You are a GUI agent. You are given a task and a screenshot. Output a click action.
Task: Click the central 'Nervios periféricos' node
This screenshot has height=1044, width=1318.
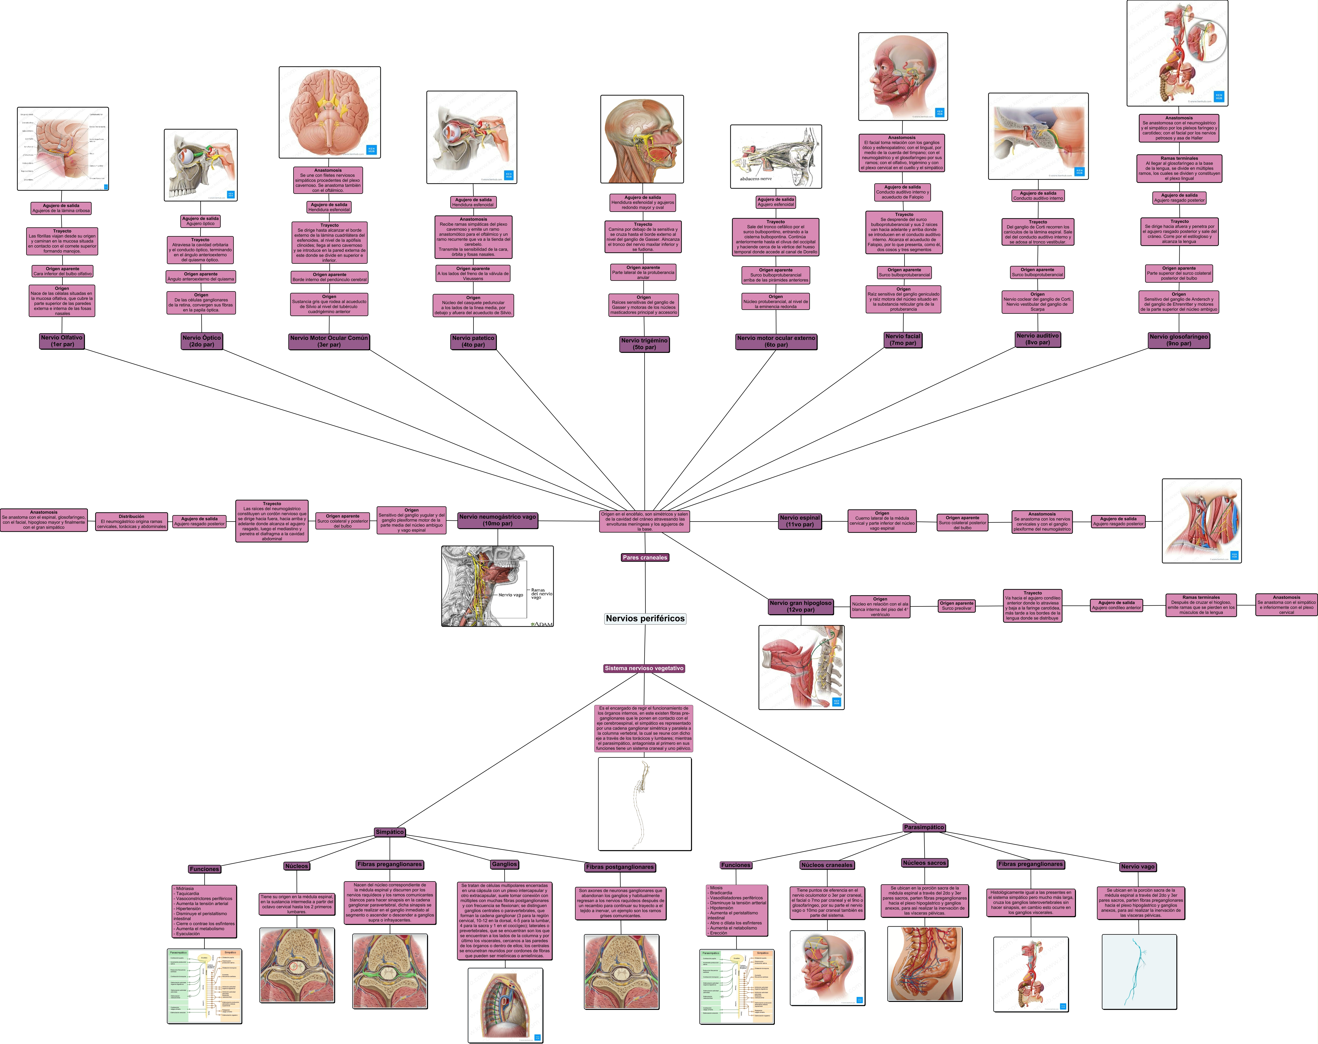click(x=645, y=619)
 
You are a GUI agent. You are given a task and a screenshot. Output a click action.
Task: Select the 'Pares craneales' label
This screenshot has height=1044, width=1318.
click(x=645, y=557)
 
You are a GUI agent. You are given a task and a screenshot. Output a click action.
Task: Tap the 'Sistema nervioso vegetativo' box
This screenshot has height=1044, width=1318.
click(x=644, y=668)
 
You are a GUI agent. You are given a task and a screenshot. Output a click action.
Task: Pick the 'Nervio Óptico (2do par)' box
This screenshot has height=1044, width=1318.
click(x=202, y=341)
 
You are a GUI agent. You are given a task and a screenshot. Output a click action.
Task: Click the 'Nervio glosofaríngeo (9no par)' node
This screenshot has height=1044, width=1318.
click(x=1179, y=340)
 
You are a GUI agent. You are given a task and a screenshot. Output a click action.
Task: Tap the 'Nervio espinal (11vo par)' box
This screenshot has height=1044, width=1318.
click(x=800, y=521)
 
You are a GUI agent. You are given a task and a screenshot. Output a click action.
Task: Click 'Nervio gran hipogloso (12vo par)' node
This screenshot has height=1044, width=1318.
click(x=800, y=606)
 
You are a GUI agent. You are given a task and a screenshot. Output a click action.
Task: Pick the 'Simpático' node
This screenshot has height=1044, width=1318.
click(x=390, y=832)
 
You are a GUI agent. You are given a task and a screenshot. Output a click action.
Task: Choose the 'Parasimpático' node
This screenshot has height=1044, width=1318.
click(x=924, y=827)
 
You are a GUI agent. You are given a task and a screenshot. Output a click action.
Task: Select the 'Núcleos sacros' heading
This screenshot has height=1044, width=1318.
click(x=924, y=863)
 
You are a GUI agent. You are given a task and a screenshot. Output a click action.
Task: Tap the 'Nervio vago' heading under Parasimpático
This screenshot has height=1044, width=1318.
click(x=1138, y=867)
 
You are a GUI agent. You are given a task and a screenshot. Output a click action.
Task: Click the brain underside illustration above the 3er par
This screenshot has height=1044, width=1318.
click(x=330, y=112)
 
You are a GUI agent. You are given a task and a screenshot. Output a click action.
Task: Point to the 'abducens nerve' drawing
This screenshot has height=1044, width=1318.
click(x=776, y=156)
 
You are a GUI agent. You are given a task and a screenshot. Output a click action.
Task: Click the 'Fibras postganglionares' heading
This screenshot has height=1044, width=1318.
click(x=620, y=867)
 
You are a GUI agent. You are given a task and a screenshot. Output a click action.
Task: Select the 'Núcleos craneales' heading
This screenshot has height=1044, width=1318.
click(x=827, y=865)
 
